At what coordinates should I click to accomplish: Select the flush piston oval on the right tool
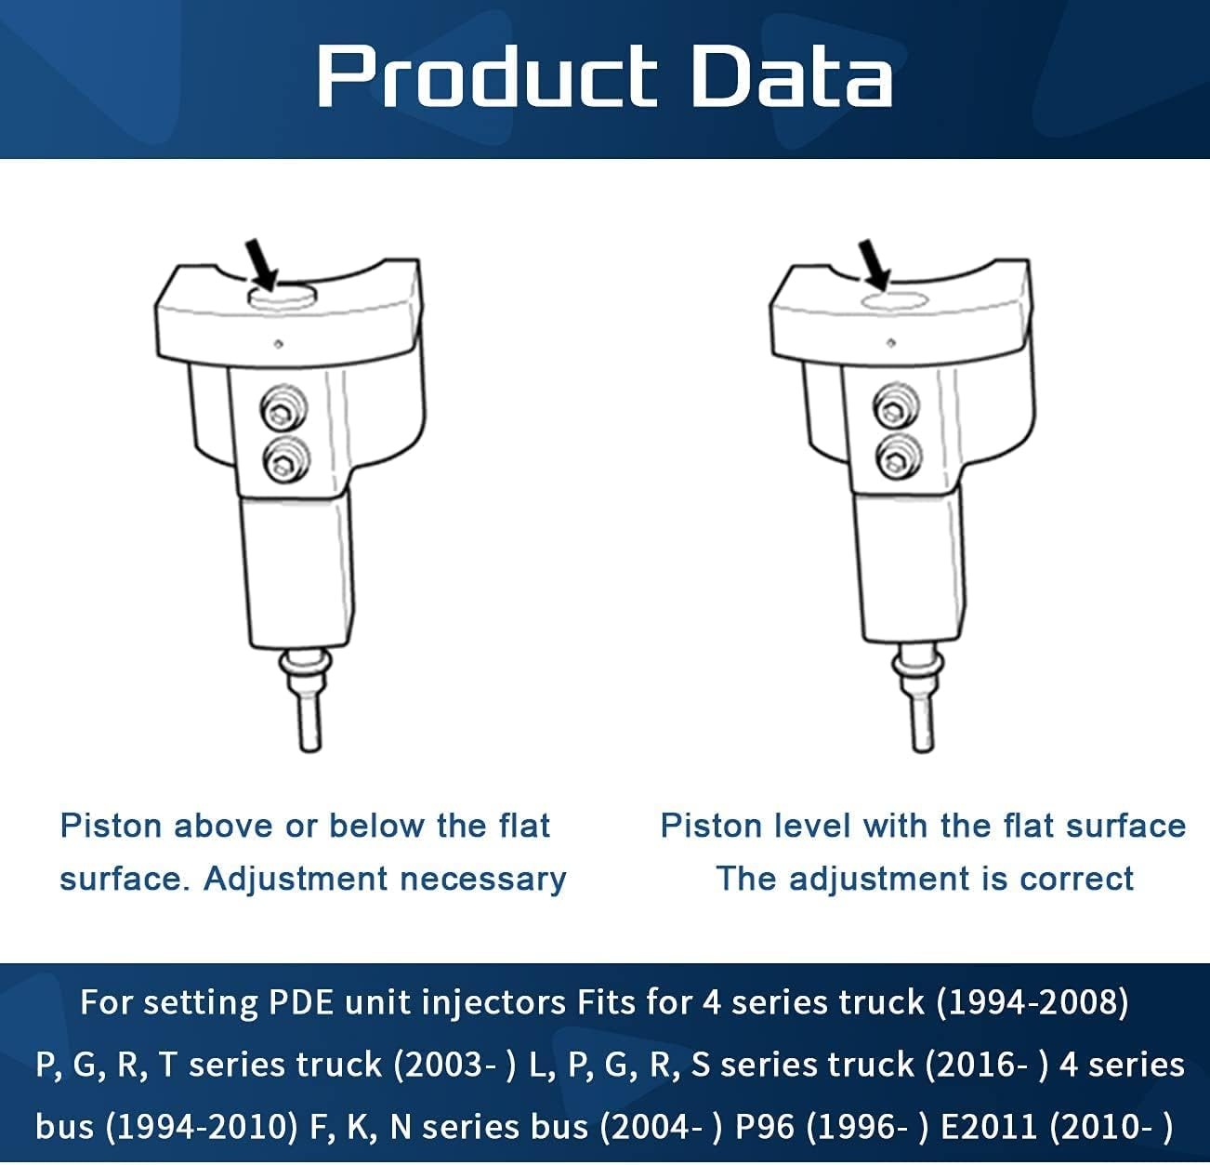[x=894, y=300]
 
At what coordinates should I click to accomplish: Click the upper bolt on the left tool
[x=284, y=408]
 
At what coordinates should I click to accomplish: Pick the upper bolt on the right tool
[x=896, y=406]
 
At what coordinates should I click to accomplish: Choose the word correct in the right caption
[x=1076, y=879]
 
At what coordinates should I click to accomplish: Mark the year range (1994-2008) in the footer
[x=1032, y=1002]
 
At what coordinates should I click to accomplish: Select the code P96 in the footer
[x=764, y=1127]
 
